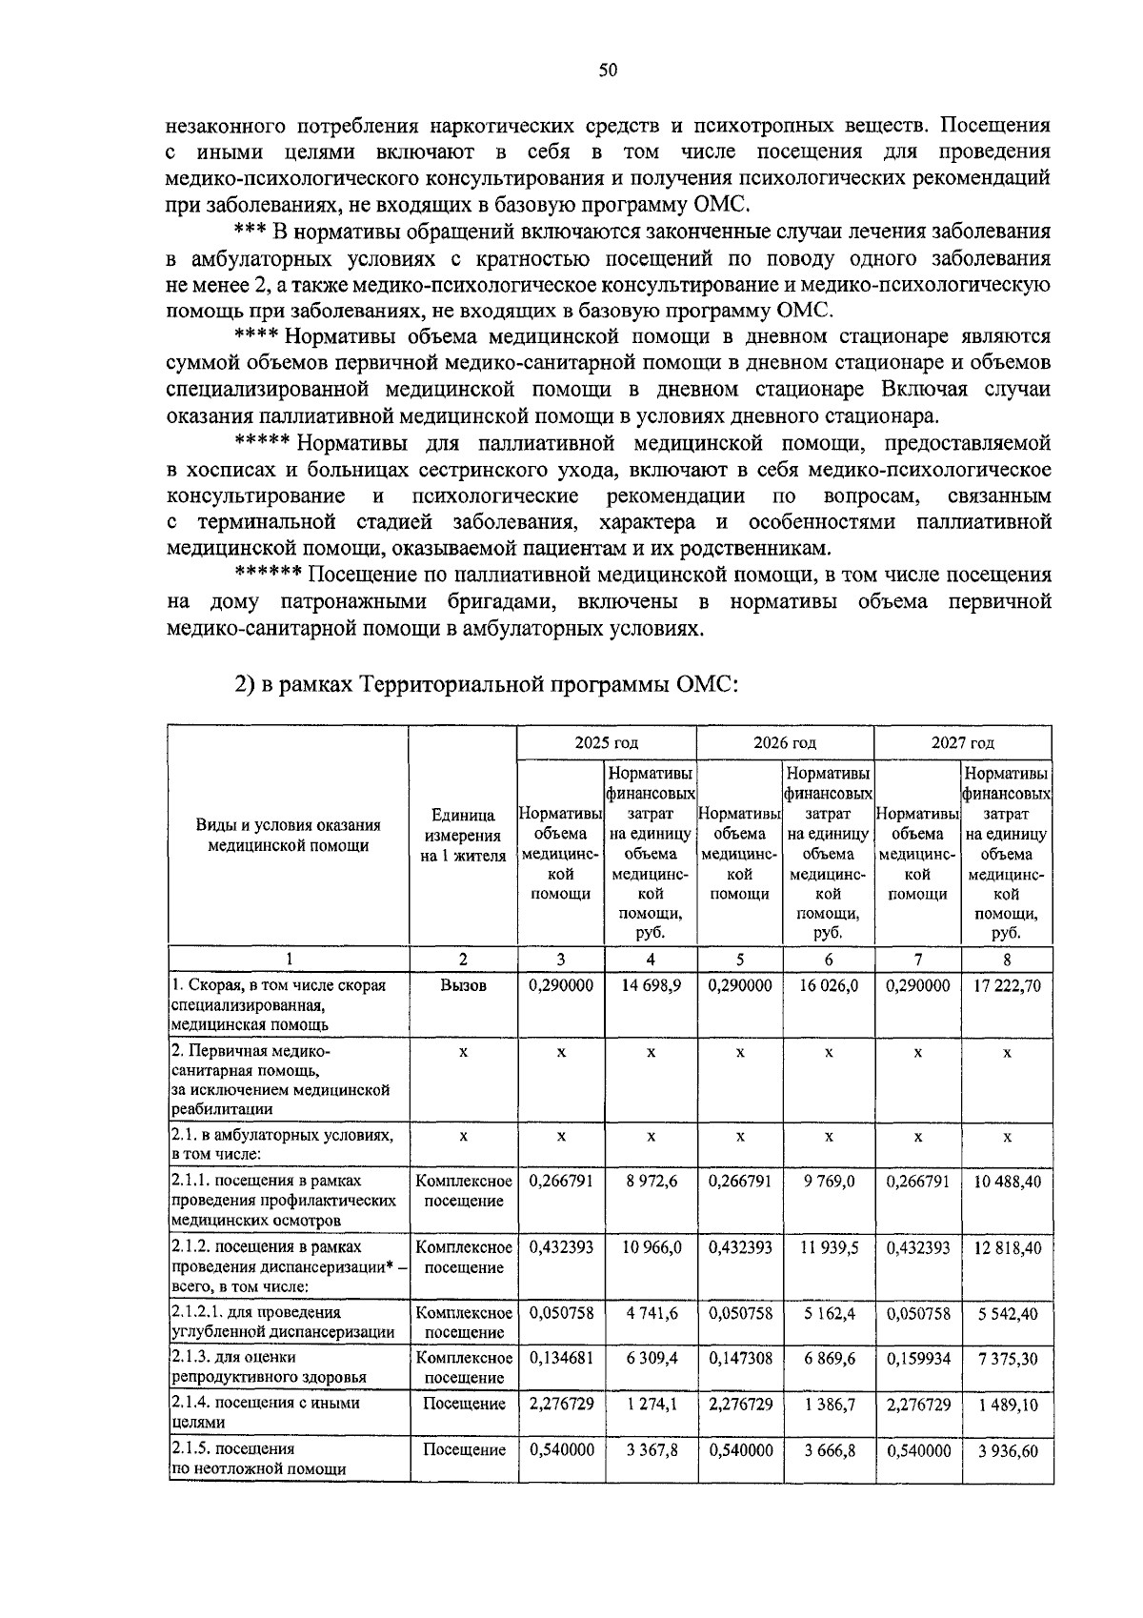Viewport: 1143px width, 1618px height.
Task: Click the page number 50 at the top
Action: [609, 70]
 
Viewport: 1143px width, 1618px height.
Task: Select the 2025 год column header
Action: [606, 742]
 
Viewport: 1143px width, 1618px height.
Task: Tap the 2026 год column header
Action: [785, 742]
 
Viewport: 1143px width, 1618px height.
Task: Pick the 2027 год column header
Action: [962, 742]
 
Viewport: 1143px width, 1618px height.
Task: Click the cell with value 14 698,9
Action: [651, 985]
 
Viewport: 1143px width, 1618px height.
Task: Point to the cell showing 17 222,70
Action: [1007, 985]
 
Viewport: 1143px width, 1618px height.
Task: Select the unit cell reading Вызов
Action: [463, 985]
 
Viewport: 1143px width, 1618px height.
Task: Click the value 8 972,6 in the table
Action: [651, 1181]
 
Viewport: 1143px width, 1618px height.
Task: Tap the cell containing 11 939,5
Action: [829, 1246]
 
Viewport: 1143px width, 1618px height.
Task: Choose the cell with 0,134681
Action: [561, 1357]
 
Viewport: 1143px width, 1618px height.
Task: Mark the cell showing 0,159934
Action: [917, 1357]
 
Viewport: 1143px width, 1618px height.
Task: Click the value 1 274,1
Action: [651, 1404]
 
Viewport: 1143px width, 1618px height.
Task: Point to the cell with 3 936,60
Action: [1007, 1450]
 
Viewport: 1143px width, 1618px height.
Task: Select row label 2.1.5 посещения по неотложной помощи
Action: [257, 1459]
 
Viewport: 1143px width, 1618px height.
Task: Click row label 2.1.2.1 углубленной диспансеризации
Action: [282, 1322]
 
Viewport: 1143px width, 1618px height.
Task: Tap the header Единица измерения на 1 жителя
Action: [463, 836]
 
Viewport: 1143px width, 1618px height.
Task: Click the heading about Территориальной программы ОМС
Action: [487, 685]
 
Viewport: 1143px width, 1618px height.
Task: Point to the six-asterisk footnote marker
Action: [269, 575]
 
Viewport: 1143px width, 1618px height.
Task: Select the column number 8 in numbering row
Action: [1007, 960]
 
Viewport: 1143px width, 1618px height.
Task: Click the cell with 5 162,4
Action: [829, 1312]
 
